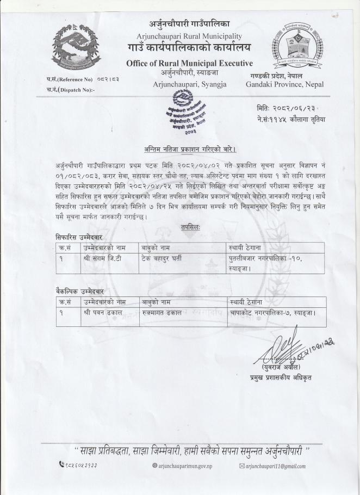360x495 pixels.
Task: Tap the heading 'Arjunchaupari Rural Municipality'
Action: [x=189, y=36]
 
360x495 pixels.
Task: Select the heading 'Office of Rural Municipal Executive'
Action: [x=189, y=64]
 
